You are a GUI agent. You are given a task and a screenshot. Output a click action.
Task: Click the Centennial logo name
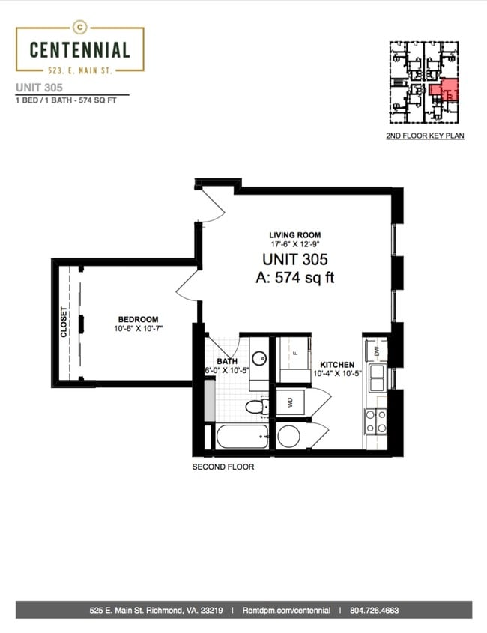tap(80, 49)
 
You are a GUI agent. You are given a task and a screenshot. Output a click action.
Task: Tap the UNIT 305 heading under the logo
tap(39, 88)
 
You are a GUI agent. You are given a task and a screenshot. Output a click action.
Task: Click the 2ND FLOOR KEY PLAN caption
tap(425, 136)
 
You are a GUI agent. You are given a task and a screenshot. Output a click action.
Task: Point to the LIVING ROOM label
tap(295, 235)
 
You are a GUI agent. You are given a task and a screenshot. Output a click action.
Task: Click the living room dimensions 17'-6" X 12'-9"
tap(295, 244)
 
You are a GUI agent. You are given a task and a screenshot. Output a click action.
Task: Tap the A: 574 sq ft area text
tap(295, 278)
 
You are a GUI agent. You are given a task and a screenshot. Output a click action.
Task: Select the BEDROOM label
tap(138, 319)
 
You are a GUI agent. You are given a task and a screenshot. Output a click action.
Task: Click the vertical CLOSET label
tap(64, 322)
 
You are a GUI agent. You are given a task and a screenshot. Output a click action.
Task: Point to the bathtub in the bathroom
tap(242, 437)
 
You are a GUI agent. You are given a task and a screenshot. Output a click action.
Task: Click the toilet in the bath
tap(257, 407)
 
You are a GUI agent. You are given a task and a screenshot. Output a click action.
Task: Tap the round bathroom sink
tap(258, 357)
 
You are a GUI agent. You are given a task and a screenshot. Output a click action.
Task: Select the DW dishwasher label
tap(377, 351)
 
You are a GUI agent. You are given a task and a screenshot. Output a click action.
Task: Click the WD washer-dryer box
tap(290, 402)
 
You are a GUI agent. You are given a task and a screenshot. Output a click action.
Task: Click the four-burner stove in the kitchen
tap(375, 422)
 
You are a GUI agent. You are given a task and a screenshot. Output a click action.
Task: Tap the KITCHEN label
tap(337, 365)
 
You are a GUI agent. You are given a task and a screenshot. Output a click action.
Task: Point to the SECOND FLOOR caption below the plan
tap(223, 467)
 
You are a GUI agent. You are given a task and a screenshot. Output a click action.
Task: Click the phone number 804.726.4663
tap(375, 611)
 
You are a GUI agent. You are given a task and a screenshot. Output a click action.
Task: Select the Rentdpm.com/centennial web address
tap(286, 611)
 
